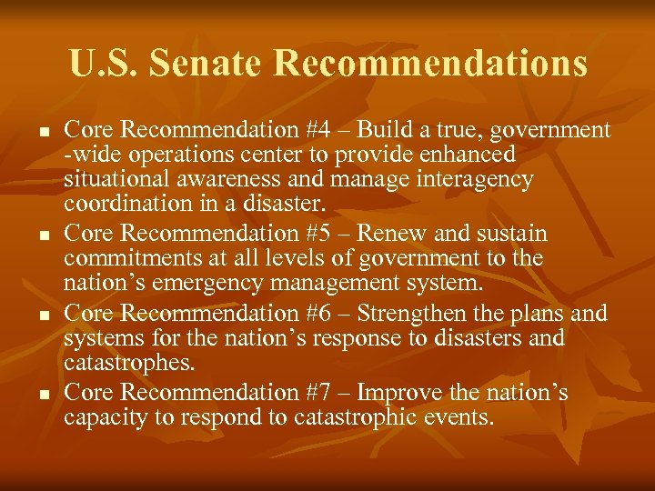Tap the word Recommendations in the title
click(x=429, y=64)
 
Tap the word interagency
click(x=469, y=179)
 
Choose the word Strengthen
click(x=413, y=315)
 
